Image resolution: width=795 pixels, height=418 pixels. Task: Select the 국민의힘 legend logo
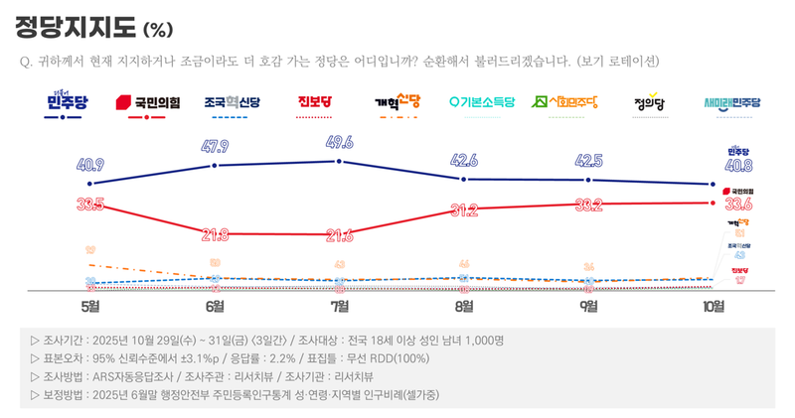pyautogui.click(x=145, y=101)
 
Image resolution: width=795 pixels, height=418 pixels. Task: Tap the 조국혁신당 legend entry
pyautogui.click(x=231, y=101)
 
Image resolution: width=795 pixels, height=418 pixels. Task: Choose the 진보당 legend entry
pyautogui.click(x=315, y=101)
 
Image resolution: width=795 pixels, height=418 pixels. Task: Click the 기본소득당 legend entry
pyautogui.click(x=482, y=101)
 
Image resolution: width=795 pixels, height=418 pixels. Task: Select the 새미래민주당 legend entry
pyautogui.click(x=731, y=101)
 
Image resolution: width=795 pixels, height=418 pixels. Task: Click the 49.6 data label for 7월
pyautogui.click(x=340, y=142)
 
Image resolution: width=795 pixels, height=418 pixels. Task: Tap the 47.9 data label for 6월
pyautogui.click(x=216, y=147)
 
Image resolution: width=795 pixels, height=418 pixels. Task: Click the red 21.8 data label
pyautogui.click(x=216, y=234)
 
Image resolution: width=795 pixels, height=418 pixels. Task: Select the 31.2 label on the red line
pyautogui.click(x=464, y=210)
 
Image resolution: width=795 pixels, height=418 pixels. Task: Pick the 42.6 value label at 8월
pyautogui.click(x=464, y=161)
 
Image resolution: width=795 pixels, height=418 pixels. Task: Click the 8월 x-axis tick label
pyautogui.click(x=464, y=305)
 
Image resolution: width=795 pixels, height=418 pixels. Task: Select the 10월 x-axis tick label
pyautogui.click(x=713, y=305)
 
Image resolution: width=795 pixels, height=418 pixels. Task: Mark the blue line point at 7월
pyautogui.click(x=340, y=160)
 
